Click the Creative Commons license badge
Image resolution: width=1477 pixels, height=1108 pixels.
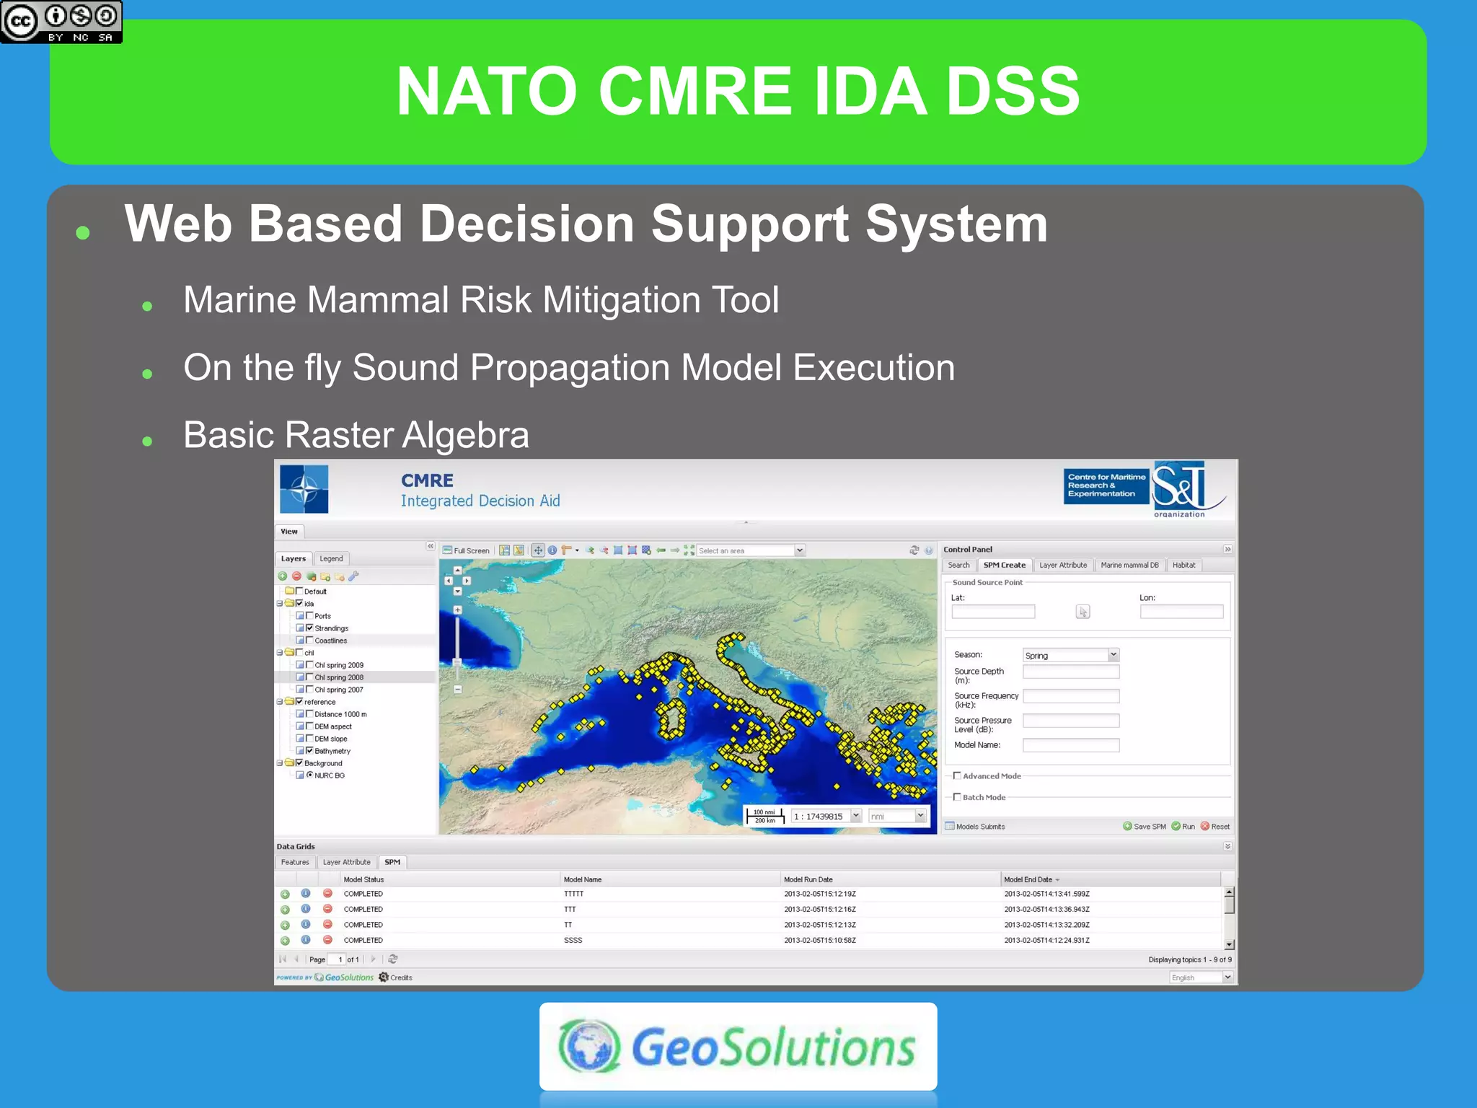click(x=61, y=22)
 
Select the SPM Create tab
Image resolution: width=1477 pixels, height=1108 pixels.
click(x=1004, y=565)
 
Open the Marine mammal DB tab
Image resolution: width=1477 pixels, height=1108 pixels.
click(x=1129, y=565)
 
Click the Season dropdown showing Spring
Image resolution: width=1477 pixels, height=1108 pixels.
click(x=1070, y=655)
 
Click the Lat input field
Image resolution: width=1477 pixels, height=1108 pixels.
click(x=992, y=612)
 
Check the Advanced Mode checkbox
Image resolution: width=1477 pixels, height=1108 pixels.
click(x=957, y=775)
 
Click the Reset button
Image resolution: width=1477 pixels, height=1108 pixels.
click(x=1215, y=827)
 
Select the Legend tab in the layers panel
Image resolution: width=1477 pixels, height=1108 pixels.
click(x=331, y=558)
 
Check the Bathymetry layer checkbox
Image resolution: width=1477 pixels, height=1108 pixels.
click(x=310, y=750)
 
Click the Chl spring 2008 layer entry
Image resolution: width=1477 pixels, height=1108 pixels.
click(x=338, y=677)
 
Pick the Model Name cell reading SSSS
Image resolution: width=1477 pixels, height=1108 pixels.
click(x=573, y=940)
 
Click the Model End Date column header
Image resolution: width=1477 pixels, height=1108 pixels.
click(x=1028, y=879)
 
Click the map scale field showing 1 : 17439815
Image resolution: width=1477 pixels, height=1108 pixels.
click(x=819, y=816)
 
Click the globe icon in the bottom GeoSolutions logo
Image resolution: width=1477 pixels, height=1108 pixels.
click(x=589, y=1046)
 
